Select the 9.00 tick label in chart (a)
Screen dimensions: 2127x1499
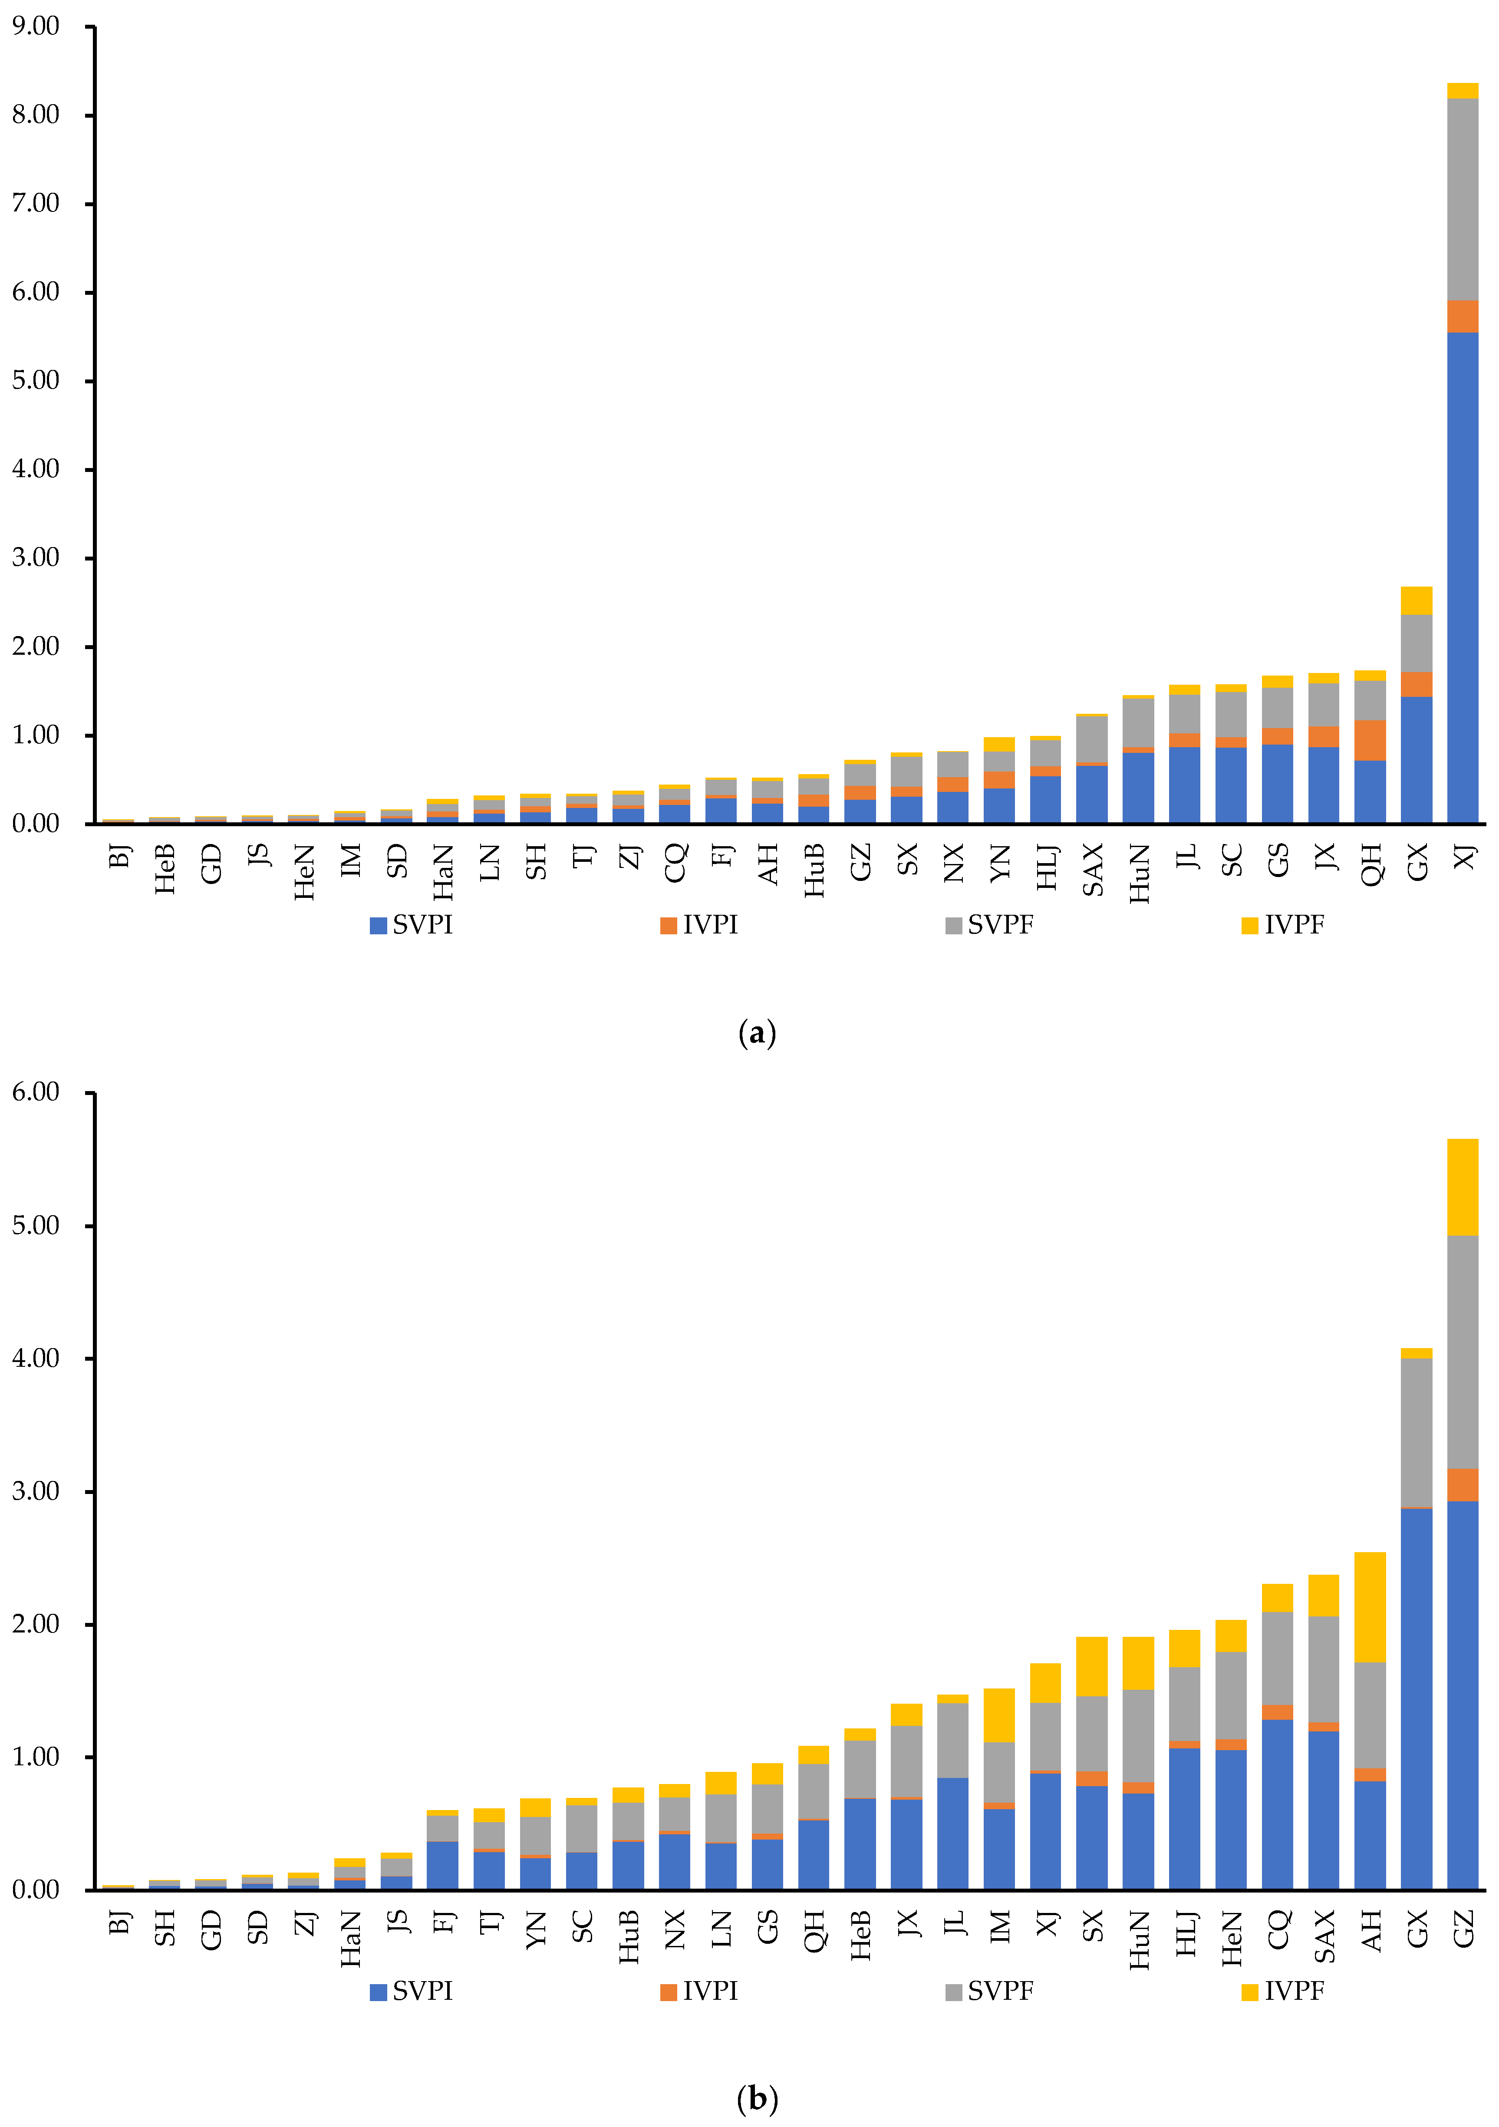pos(35,26)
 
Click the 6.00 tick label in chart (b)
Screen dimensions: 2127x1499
pos(35,1092)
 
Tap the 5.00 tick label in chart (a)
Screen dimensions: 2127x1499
pos(35,381)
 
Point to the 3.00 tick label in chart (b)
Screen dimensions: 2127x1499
pos(35,1491)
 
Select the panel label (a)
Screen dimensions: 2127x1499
pos(757,1032)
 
